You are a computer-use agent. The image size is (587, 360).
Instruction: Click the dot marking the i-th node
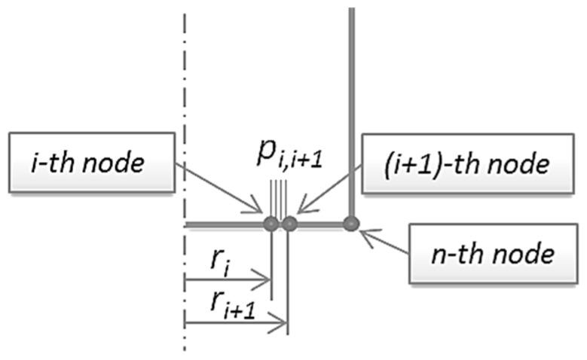click(x=271, y=224)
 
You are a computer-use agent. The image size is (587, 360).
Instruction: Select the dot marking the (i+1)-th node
click(x=289, y=224)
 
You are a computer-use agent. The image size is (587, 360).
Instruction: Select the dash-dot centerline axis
click(x=184, y=113)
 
